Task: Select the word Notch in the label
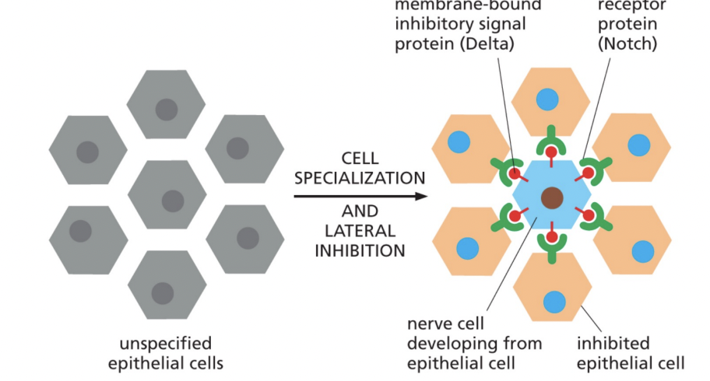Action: pyautogui.click(x=627, y=44)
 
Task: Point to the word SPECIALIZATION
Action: pyautogui.click(x=360, y=177)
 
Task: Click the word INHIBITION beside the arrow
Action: pyautogui.click(x=360, y=250)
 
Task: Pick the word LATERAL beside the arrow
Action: pyautogui.click(x=360, y=231)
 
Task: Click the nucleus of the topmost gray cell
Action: pyautogui.click(x=166, y=110)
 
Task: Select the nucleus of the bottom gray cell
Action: pyautogui.click(x=162, y=293)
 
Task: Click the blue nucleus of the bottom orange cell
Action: pyautogui.click(x=554, y=301)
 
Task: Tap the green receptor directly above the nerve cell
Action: pyautogui.click(x=552, y=141)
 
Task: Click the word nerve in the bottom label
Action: pyautogui.click(x=429, y=323)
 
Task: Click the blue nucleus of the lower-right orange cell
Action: pyautogui.click(x=643, y=251)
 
